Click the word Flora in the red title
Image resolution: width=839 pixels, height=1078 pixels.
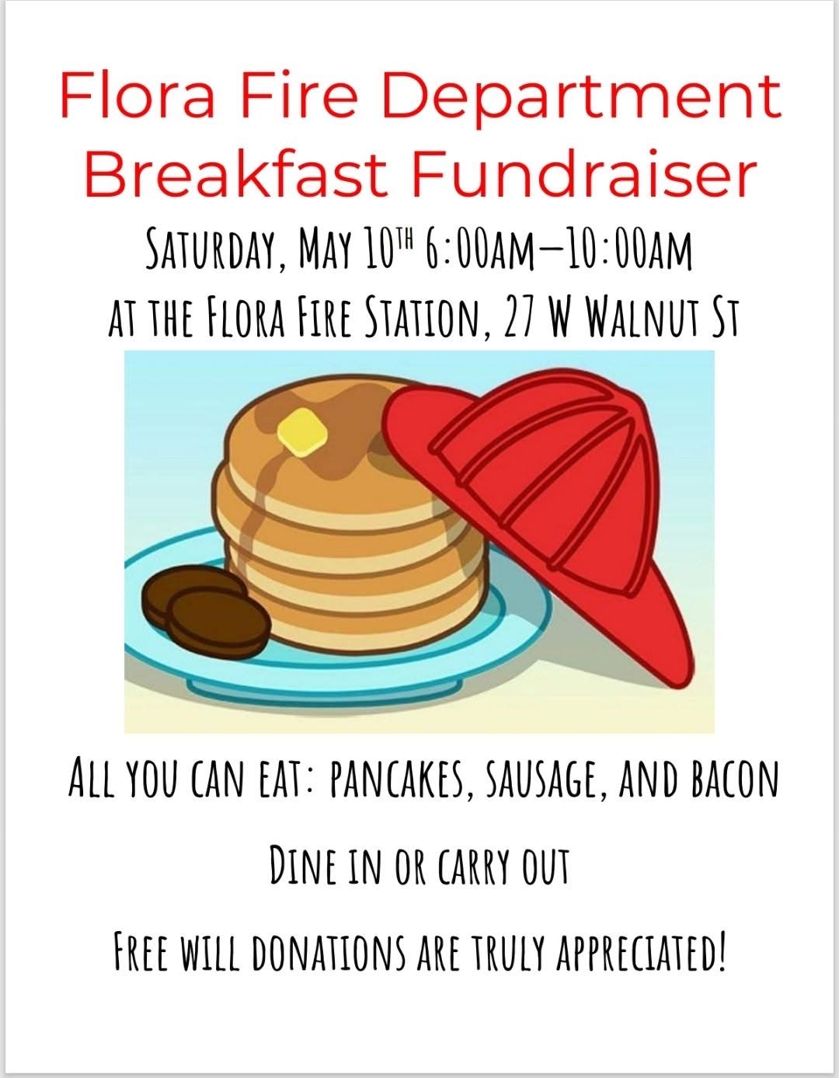pos(138,96)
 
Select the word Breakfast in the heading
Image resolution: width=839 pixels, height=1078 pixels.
pos(235,173)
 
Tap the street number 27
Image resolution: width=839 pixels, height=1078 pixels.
pos(519,318)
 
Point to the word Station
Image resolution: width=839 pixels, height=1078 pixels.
pos(425,318)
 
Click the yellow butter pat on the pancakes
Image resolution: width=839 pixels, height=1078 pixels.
pos(302,431)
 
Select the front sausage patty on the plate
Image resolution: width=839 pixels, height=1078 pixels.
pos(218,622)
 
